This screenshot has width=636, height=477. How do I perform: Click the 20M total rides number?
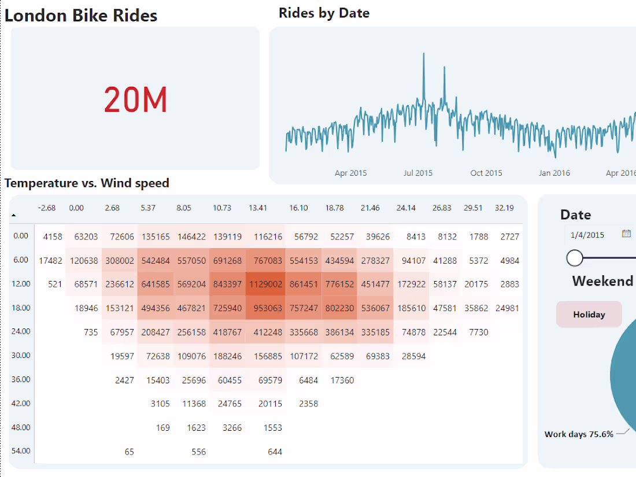(135, 99)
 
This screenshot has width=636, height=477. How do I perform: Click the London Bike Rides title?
(81, 16)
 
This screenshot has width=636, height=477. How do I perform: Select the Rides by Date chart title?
(324, 13)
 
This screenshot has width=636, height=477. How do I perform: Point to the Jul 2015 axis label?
(418, 173)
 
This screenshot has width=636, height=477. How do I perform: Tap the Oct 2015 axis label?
(486, 173)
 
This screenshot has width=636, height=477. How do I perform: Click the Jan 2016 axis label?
(554, 173)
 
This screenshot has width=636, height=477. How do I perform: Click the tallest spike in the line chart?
(424, 54)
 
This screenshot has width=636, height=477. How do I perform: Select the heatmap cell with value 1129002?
(265, 284)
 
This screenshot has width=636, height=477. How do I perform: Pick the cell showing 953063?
(265, 308)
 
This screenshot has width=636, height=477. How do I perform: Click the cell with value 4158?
(52, 236)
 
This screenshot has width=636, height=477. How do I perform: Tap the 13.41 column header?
(258, 208)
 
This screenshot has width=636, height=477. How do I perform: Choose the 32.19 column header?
(504, 208)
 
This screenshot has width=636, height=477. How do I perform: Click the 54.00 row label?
(21, 451)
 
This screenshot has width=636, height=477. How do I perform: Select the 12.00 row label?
(21, 284)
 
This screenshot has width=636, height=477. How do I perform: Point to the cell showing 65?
(129, 452)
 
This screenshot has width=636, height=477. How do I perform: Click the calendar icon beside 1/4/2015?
(626, 234)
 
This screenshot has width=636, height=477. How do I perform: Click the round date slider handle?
(575, 258)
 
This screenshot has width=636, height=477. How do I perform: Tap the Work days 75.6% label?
(579, 434)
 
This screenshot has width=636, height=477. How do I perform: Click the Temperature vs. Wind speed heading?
(87, 183)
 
